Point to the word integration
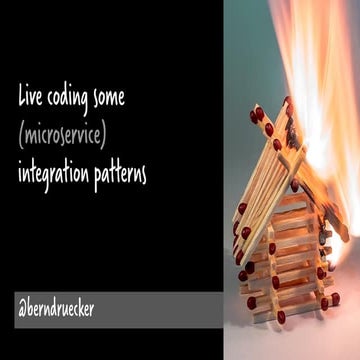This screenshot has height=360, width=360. [56, 174]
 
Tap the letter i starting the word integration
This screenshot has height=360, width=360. [20, 172]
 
